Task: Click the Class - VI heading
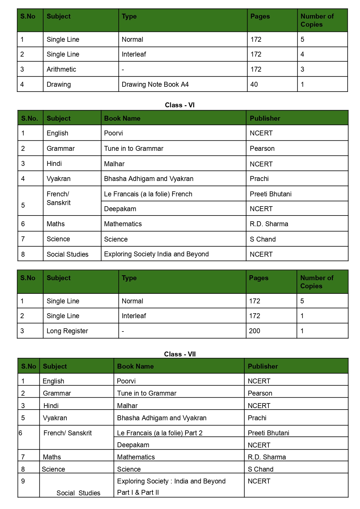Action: [x=180, y=105]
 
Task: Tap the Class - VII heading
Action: [x=180, y=354]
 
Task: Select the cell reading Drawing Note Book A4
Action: [x=155, y=84]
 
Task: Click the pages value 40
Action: [x=254, y=84]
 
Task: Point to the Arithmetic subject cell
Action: [x=61, y=69]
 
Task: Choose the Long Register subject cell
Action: [x=67, y=331]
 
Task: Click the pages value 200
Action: [x=254, y=331]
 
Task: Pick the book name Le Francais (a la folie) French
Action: [x=148, y=194]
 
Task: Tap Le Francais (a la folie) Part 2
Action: [x=160, y=433]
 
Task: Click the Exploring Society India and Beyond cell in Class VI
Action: [x=156, y=254]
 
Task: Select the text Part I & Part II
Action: [x=138, y=492]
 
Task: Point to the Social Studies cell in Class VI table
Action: [x=68, y=254]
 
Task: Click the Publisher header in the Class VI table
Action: [x=265, y=118]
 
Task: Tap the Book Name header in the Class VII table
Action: [x=135, y=366]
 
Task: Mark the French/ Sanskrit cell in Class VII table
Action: [x=68, y=433]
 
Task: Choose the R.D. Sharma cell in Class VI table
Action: [x=269, y=224]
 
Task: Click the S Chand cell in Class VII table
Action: [x=261, y=469]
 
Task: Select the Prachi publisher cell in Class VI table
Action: [x=259, y=179]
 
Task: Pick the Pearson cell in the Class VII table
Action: [x=260, y=393]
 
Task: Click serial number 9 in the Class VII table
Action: [x=23, y=481]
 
